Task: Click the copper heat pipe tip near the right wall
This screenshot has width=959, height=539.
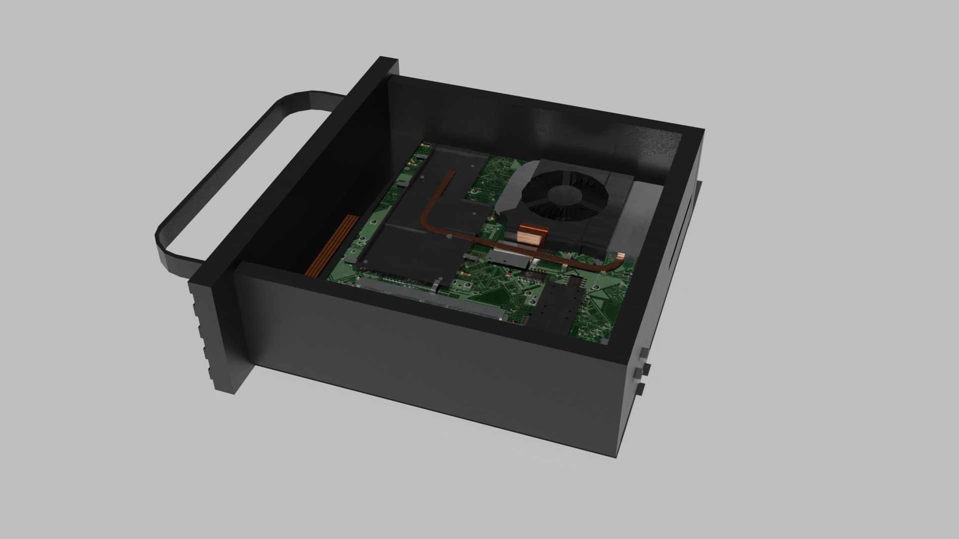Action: coord(619,258)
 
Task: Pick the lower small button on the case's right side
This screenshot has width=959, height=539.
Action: coord(640,389)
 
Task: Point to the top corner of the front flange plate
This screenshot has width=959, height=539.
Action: coord(390,60)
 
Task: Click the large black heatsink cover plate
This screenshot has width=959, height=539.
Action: coord(415,250)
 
